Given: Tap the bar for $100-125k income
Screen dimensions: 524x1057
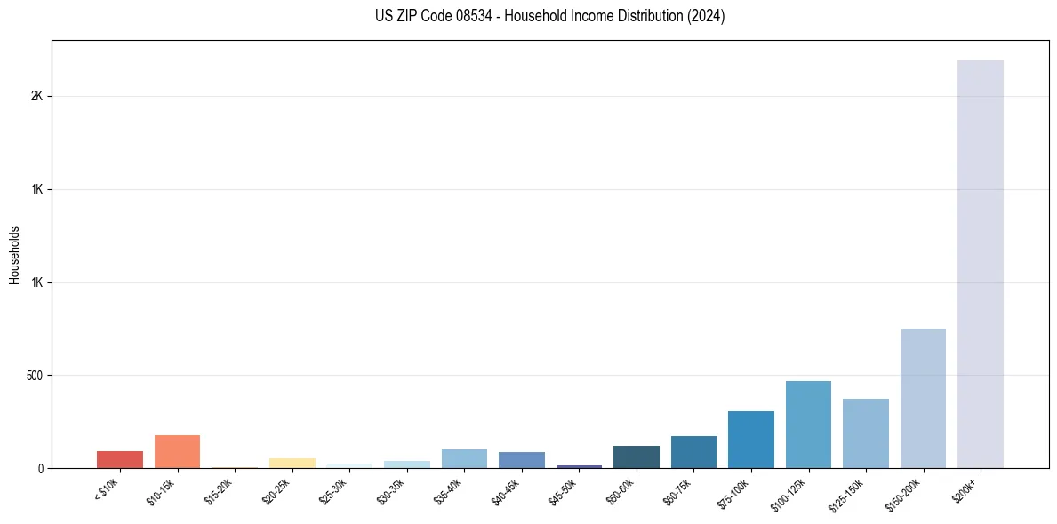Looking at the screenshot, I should click(x=808, y=425).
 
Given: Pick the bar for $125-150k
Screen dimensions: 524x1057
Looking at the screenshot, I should click(x=865, y=433).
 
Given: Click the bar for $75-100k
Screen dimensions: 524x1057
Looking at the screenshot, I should click(x=750, y=440).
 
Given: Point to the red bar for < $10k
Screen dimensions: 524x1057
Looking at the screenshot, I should click(x=120, y=459).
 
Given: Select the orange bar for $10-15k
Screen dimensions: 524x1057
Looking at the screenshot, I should click(x=177, y=451).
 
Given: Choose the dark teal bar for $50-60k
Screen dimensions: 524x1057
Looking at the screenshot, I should click(x=636, y=457).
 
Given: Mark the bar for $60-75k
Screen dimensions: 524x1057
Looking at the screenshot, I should click(x=693, y=452).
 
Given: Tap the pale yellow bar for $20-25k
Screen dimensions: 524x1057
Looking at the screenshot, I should click(x=292, y=463).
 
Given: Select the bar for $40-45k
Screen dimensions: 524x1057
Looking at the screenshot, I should click(x=521, y=460).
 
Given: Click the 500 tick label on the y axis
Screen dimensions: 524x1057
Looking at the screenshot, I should click(x=34, y=376).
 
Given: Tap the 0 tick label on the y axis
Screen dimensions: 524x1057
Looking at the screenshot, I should click(x=41, y=468).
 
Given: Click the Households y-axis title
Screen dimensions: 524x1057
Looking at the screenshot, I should click(x=15, y=254).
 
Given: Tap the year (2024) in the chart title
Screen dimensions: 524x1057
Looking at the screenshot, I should click(x=704, y=16).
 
